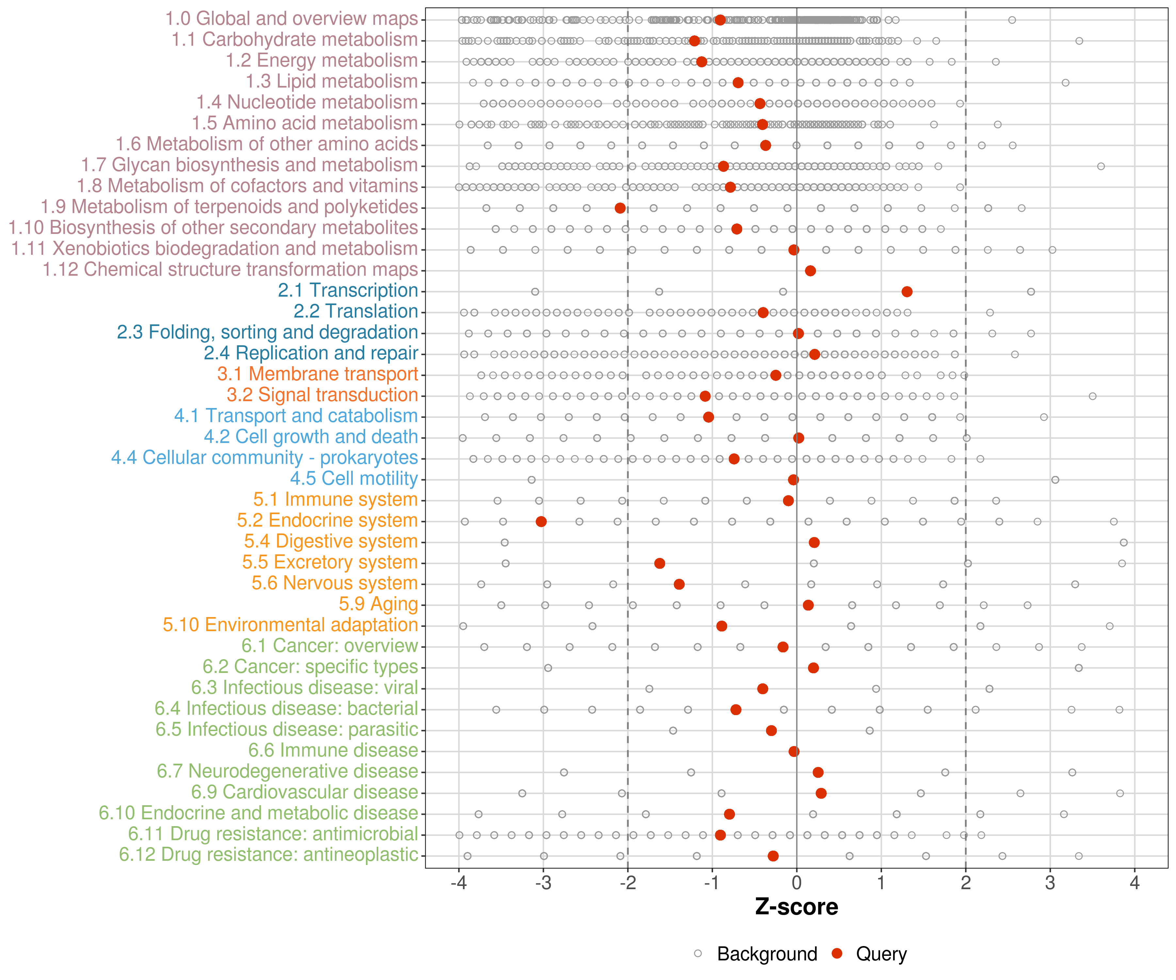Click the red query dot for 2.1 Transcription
[x=906, y=292]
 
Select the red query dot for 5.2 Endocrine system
[x=541, y=521]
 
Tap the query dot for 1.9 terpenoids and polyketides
[x=620, y=208]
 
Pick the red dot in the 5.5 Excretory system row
[x=660, y=563]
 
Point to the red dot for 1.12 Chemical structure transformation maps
[x=810, y=271]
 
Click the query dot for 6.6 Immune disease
[x=793, y=752]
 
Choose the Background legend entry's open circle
[x=698, y=954]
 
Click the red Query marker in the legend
[x=837, y=954]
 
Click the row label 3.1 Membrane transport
[x=318, y=374]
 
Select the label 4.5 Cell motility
[x=354, y=479]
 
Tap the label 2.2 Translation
[x=356, y=311]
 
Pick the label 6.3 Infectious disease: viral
[x=305, y=688]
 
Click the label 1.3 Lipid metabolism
[x=332, y=82]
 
